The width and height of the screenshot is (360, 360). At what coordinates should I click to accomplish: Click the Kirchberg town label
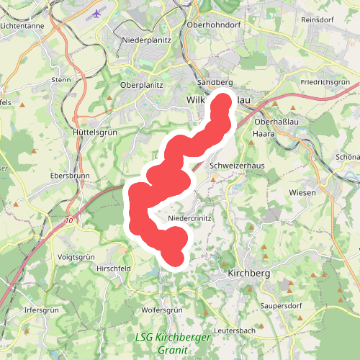[248, 274]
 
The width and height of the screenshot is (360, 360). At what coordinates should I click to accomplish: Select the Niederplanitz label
[146, 40]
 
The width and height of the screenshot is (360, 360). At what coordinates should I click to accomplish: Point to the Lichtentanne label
[24, 24]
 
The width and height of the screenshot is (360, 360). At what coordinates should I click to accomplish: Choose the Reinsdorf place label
[320, 19]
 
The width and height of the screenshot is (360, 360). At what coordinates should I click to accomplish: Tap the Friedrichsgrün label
[325, 82]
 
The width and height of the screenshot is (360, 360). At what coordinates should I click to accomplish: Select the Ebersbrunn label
[68, 176]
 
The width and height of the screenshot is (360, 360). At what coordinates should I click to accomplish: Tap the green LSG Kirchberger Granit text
[173, 343]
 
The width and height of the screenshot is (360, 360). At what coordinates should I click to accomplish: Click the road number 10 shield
[68, 220]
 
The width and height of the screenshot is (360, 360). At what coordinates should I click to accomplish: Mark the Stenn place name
[60, 79]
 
